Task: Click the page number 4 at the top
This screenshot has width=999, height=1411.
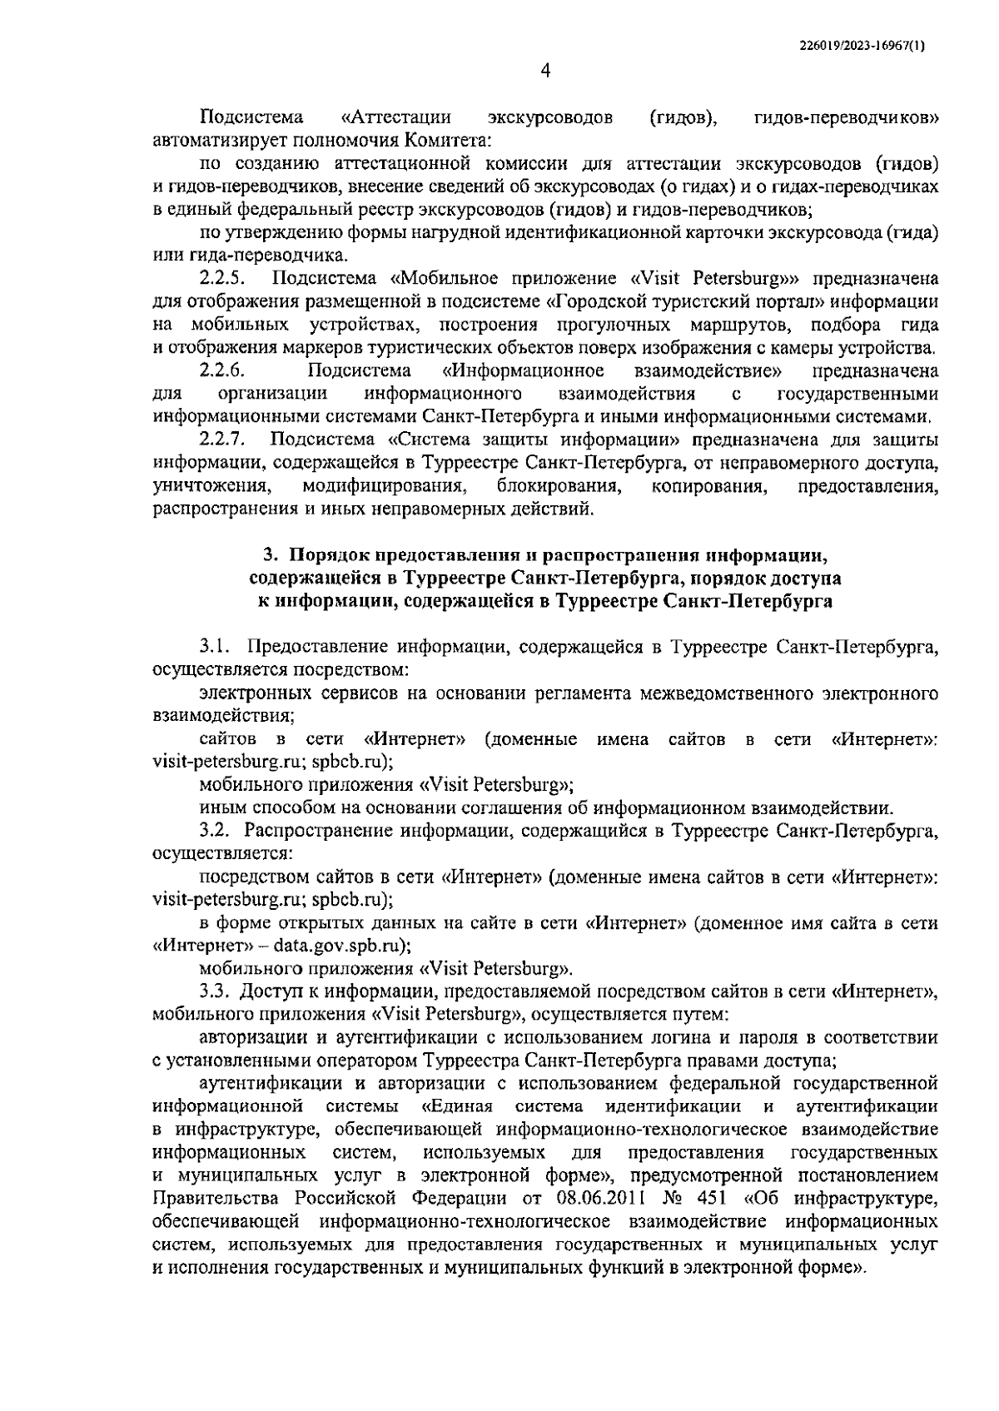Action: coord(545,72)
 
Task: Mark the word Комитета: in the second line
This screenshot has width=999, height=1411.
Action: coord(448,140)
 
